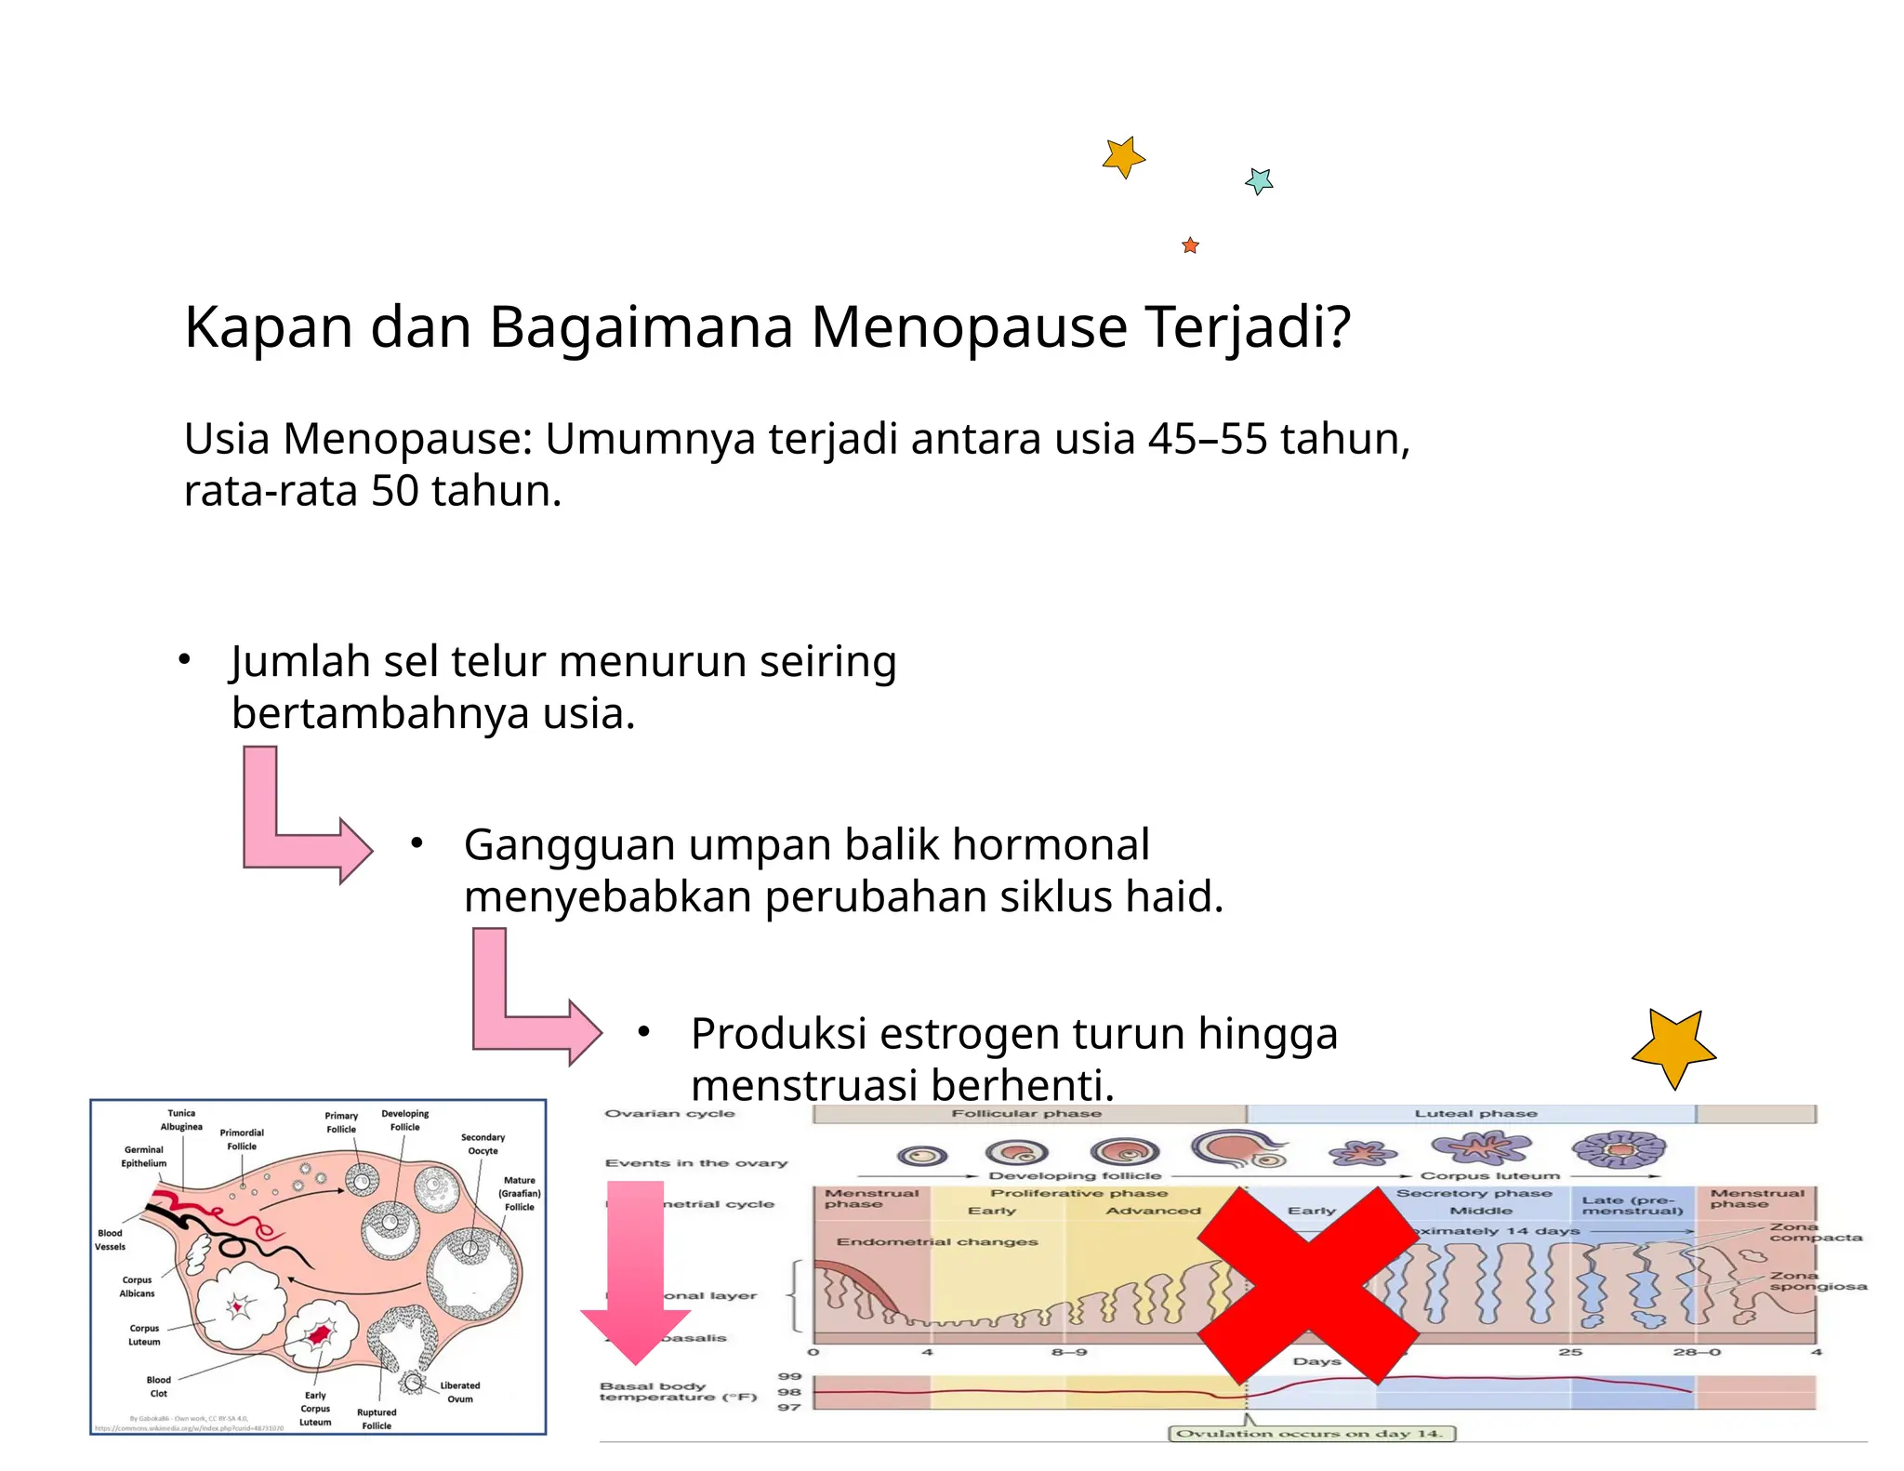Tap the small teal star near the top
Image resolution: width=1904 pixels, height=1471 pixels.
coord(1259,180)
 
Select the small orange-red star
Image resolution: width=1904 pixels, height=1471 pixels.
coord(1190,245)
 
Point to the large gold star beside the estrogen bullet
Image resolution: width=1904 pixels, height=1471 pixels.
coord(1673,1047)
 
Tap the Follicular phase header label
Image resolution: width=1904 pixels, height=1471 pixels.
coord(1026,1113)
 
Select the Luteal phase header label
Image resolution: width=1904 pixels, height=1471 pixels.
coord(1475,1113)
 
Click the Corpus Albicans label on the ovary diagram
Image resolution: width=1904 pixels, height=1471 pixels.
coord(137,1286)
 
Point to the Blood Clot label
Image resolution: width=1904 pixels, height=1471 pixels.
coord(158,1386)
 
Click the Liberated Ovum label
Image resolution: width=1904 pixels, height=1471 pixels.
coord(460,1392)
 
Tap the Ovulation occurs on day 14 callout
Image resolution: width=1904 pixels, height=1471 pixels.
coord(1310,1433)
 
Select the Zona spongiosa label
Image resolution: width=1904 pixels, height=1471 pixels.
coord(1817,1281)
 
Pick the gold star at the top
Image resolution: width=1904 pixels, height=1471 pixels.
coord(1123,157)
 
